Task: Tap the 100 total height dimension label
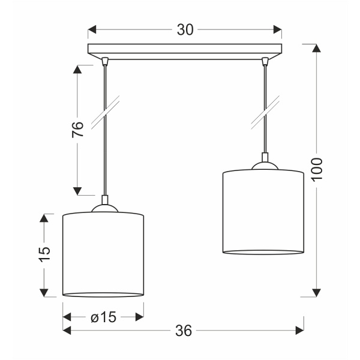click(x=317, y=170)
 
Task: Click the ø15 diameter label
click(x=103, y=318)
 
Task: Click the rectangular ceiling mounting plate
click(x=185, y=50)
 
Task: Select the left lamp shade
click(x=104, y=254)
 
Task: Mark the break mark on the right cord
click(x=264, y=112)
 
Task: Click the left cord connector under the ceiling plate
click(x=106, y=61)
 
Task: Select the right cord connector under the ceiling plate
click(x=264, y=61)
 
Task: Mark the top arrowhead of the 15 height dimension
click(x=44, y=218)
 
